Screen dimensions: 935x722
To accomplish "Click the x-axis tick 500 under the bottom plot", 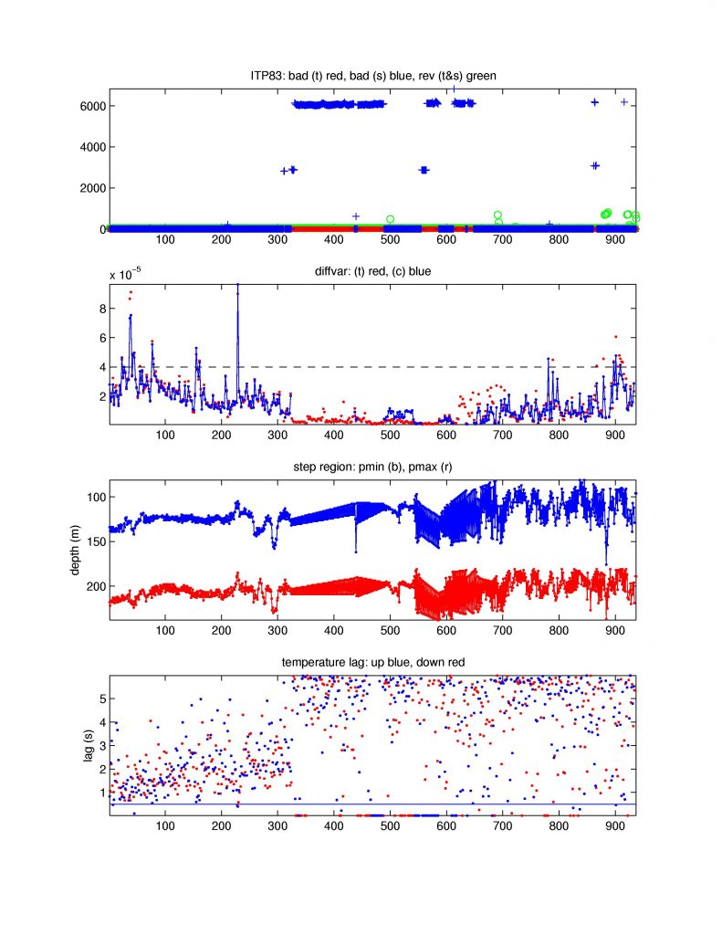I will point(390,827).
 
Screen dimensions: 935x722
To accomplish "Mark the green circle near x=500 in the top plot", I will point(390,219).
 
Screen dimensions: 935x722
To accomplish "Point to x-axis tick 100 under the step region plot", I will point(165,632).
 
